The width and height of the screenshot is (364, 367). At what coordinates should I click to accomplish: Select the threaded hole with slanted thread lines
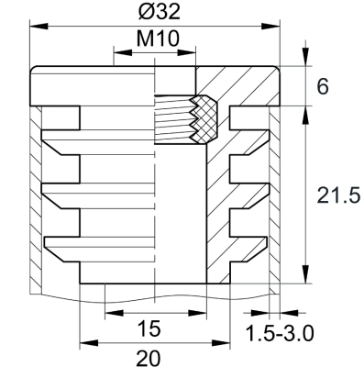pos(174,121)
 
